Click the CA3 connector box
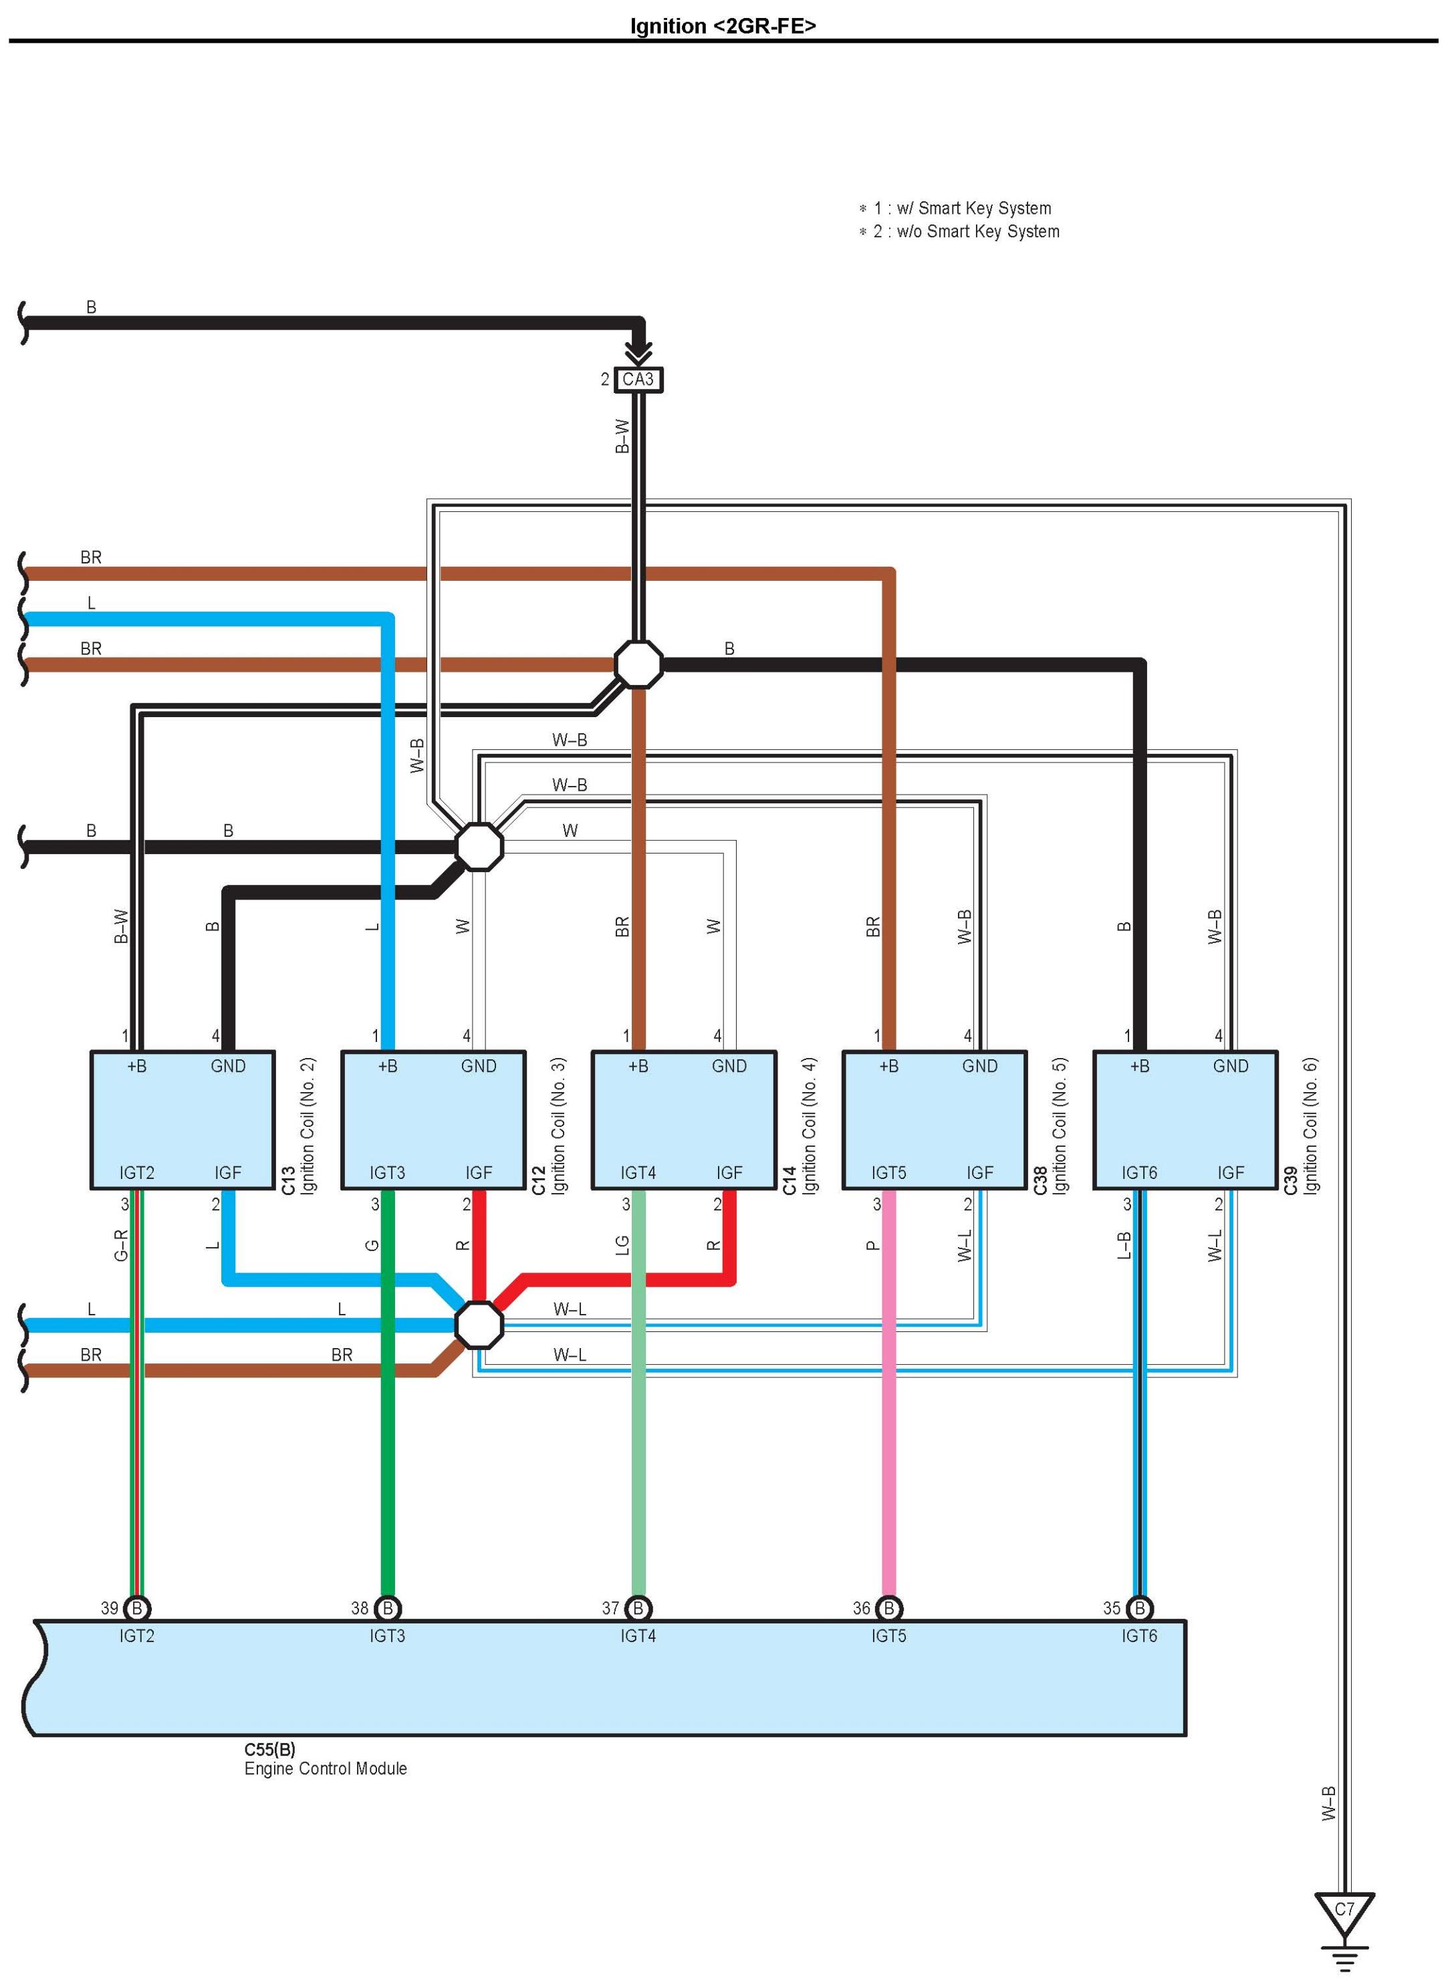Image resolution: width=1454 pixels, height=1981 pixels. coord(638,380)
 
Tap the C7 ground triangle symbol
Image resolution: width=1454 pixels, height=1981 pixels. coord(1343,1911)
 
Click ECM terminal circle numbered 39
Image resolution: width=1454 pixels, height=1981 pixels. coord(136,1609)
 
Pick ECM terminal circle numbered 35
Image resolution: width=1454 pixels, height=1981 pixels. coord(1139,1609)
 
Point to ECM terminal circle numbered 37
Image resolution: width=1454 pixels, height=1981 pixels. coord(638,1609)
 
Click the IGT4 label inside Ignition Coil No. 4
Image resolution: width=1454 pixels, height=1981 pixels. coord(638,1173)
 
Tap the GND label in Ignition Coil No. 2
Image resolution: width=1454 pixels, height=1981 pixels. coord(228,1067)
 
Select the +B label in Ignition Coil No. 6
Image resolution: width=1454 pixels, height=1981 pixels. coord(1139,1067)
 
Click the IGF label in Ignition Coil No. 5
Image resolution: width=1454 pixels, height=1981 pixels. coord(979,1173)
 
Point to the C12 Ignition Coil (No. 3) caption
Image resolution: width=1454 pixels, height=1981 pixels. coord(547,1126)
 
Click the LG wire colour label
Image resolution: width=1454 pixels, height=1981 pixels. coord(622,1245)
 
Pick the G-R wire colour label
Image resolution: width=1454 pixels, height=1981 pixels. coord(122,1245)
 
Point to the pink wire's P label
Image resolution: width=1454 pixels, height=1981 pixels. coord(872,1245)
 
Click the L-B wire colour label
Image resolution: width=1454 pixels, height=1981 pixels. coord(1124,1245)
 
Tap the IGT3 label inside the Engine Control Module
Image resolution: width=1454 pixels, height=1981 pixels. coord(387,1636)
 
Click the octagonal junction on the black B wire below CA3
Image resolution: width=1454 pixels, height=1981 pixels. coord(638,664)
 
